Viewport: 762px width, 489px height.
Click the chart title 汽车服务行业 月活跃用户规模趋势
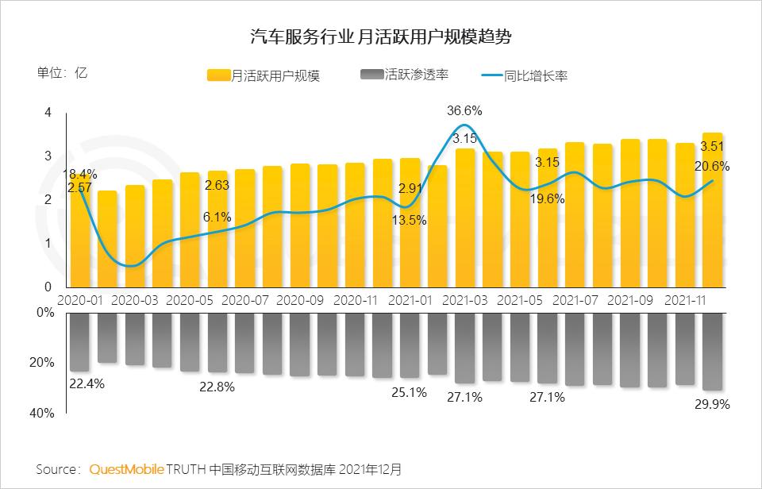pyautogui.click(x=381, y=37)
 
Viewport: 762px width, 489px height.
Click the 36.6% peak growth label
pyautogui.click(x=464, y=110)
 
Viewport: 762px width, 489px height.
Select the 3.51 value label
pyautogui.click(x=712, y=146)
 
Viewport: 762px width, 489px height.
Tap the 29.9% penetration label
pyautogui.click(x=712, y=404)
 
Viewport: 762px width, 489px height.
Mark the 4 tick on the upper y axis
pyautogui.click(x=48, y=113)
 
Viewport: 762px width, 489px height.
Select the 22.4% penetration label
pyautogui.click(x=87, y=384)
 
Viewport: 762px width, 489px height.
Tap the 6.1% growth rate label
pyautogui.click(x=217, y=216)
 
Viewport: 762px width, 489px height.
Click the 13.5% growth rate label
pyautogui.click(x=409, y=220)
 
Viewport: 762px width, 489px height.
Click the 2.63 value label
pyautogui.click(x=217, y=185)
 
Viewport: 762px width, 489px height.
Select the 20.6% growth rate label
pyautogui.click(x=712, y=167)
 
